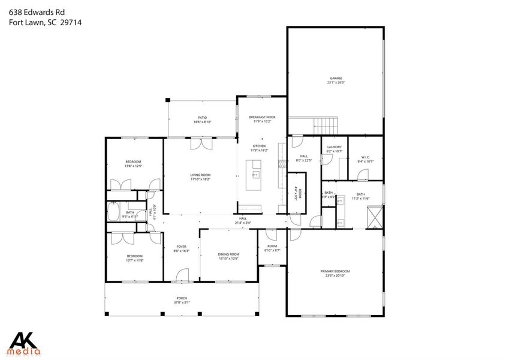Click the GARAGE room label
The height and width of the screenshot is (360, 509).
(335, 78)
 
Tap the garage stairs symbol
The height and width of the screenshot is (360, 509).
(327, 126)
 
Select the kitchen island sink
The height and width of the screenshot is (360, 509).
(256, 175)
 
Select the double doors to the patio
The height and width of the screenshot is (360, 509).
(201, 144)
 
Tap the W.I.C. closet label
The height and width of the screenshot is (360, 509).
(363, 158)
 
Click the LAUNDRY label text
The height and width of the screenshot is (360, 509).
(334, 147)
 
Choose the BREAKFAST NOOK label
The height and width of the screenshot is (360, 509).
(262, 117)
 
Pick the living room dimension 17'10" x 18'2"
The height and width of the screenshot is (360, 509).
(200, 179)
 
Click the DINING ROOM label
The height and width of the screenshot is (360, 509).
(228, 254)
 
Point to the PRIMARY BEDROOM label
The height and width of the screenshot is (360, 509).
(335, 271)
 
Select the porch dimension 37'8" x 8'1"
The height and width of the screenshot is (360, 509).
(182, 302)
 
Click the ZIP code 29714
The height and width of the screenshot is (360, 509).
(70, 22)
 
